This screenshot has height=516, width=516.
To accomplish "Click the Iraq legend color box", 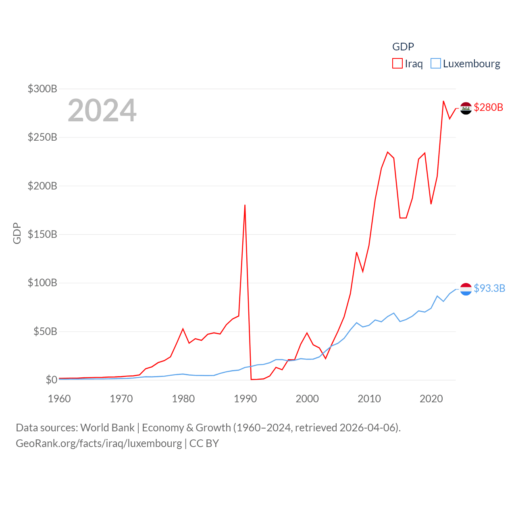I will point(397,64).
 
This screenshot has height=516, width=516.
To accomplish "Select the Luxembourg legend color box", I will point(435,64).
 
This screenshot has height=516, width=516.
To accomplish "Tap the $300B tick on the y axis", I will point(42,89).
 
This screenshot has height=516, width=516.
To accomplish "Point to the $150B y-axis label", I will point(42,234).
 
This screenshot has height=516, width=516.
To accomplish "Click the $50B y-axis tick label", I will point(45,331).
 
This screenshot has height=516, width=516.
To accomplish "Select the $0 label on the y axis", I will point(51,380).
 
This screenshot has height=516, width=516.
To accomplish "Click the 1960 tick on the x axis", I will point(59,399).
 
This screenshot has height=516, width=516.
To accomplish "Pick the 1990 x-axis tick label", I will point(245,399).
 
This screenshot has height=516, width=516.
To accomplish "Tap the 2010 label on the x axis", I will point(369,399).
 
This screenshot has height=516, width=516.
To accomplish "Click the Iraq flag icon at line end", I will point(466,108).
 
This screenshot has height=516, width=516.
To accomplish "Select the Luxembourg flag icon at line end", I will point(466,289).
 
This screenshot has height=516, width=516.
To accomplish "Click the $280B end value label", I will point(489,107).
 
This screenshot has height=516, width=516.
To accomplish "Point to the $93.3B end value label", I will point(489,288).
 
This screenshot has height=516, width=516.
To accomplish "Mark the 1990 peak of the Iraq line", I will point(245,205).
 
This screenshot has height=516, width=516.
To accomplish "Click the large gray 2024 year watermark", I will point(102,110).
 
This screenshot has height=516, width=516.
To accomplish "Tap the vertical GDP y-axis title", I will point(17,233).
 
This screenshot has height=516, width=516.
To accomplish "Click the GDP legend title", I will point(403,47).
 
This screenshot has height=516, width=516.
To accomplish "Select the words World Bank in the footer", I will point(107,427).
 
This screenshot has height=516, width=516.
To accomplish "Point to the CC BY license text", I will point(204,443).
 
